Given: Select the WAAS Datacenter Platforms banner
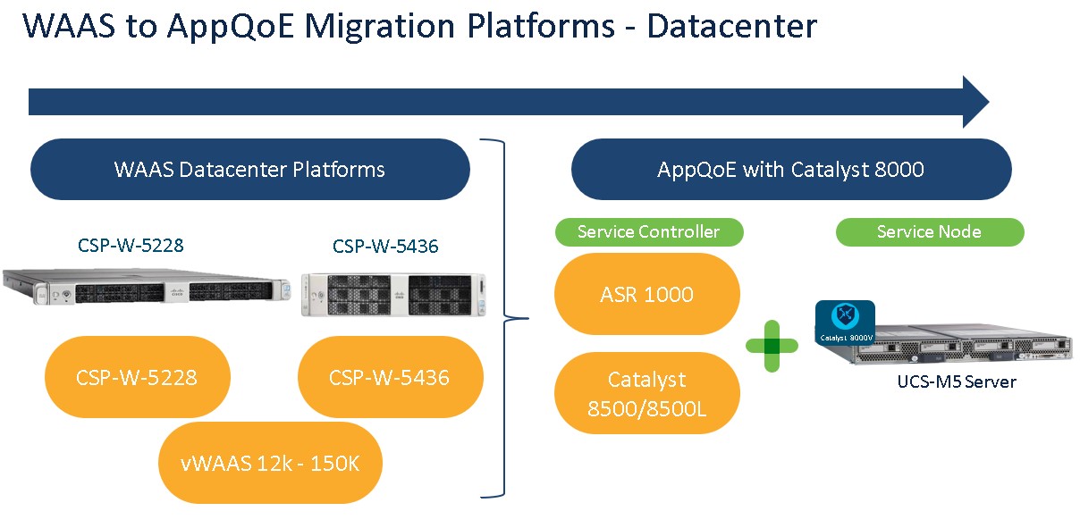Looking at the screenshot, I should (x=249, y=169).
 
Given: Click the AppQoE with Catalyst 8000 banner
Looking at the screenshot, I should (x=790, y=169).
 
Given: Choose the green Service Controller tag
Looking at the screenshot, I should (x=648, y=232).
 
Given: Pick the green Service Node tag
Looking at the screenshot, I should (x=929, y=232).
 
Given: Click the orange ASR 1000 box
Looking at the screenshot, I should (x=646, y=294).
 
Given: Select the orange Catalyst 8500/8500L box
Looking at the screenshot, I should (x=646, y=394).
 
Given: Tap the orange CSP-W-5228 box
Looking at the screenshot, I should (x=137, y=377).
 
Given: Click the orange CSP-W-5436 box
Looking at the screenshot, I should (x=389, y=377).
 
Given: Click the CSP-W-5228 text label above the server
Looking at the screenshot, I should (x=130, y=245).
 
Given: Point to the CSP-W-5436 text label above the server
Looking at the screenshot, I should (x=385, y=246).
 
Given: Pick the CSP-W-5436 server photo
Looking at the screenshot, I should (x=394, y=294).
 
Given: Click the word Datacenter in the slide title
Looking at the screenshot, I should (x=731, y=26).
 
